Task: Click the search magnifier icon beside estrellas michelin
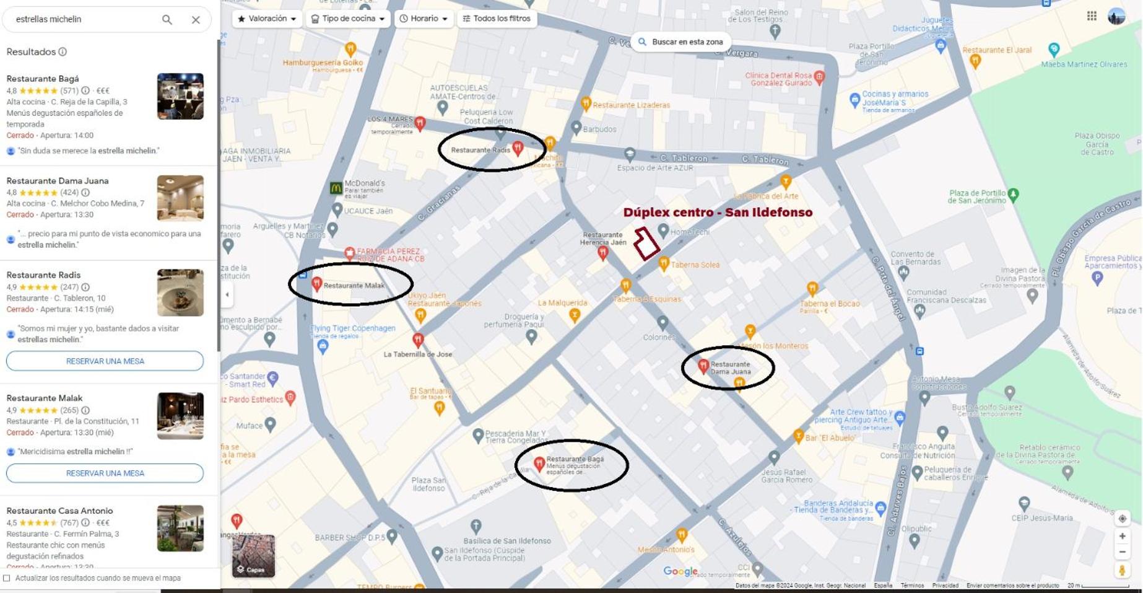[x=167, y=20]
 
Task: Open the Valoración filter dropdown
[x=267, y=19]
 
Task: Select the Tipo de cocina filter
[x=347, y=19]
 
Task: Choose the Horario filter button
[x=424, y=19]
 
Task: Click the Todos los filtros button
[x=497, y=19]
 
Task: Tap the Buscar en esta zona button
[x=680, y=42]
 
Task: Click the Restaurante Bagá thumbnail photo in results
[x=180, y=96]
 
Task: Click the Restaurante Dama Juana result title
[x=58, y=181]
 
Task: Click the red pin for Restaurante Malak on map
[x=316, y=284]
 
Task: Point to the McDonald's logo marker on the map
[x=336, y=188]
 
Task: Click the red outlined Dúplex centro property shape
[x=646, y=243]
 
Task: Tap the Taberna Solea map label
[x=695, y=265]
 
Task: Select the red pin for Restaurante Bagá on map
[x=539, y=463]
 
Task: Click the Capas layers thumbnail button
[x=253, y=556]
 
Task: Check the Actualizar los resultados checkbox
[x=7, y=578]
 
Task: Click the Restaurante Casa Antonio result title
[x=59, y=511]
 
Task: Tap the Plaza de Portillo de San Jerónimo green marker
[x=1013, y=195]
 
